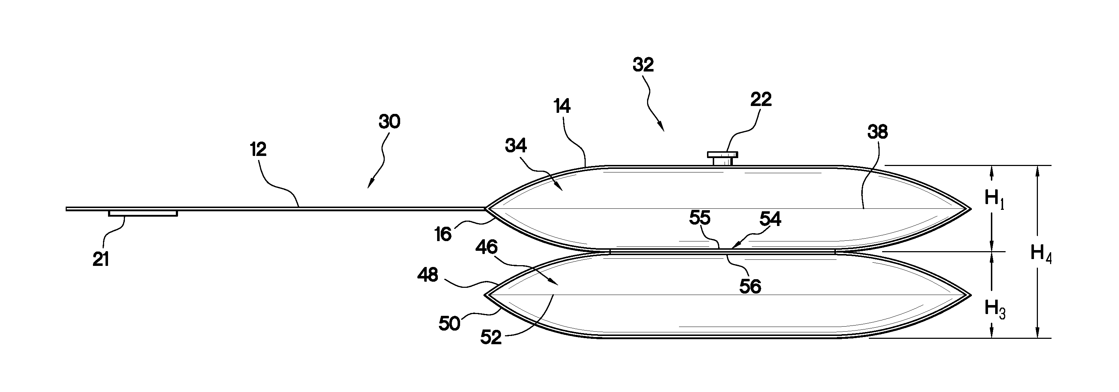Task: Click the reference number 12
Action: click(258, 150)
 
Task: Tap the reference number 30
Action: click(389, 122)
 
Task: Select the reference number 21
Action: click(101, 260)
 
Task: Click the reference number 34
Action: click(516, 146)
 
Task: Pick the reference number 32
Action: click(643, 65)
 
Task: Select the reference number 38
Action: click(877, 132)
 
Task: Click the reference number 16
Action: click(443, 235)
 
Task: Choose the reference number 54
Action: click(770, 220)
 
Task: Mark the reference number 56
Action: click(750, 287)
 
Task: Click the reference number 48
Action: click(427, 275)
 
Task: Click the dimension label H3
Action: click(995, 309)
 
